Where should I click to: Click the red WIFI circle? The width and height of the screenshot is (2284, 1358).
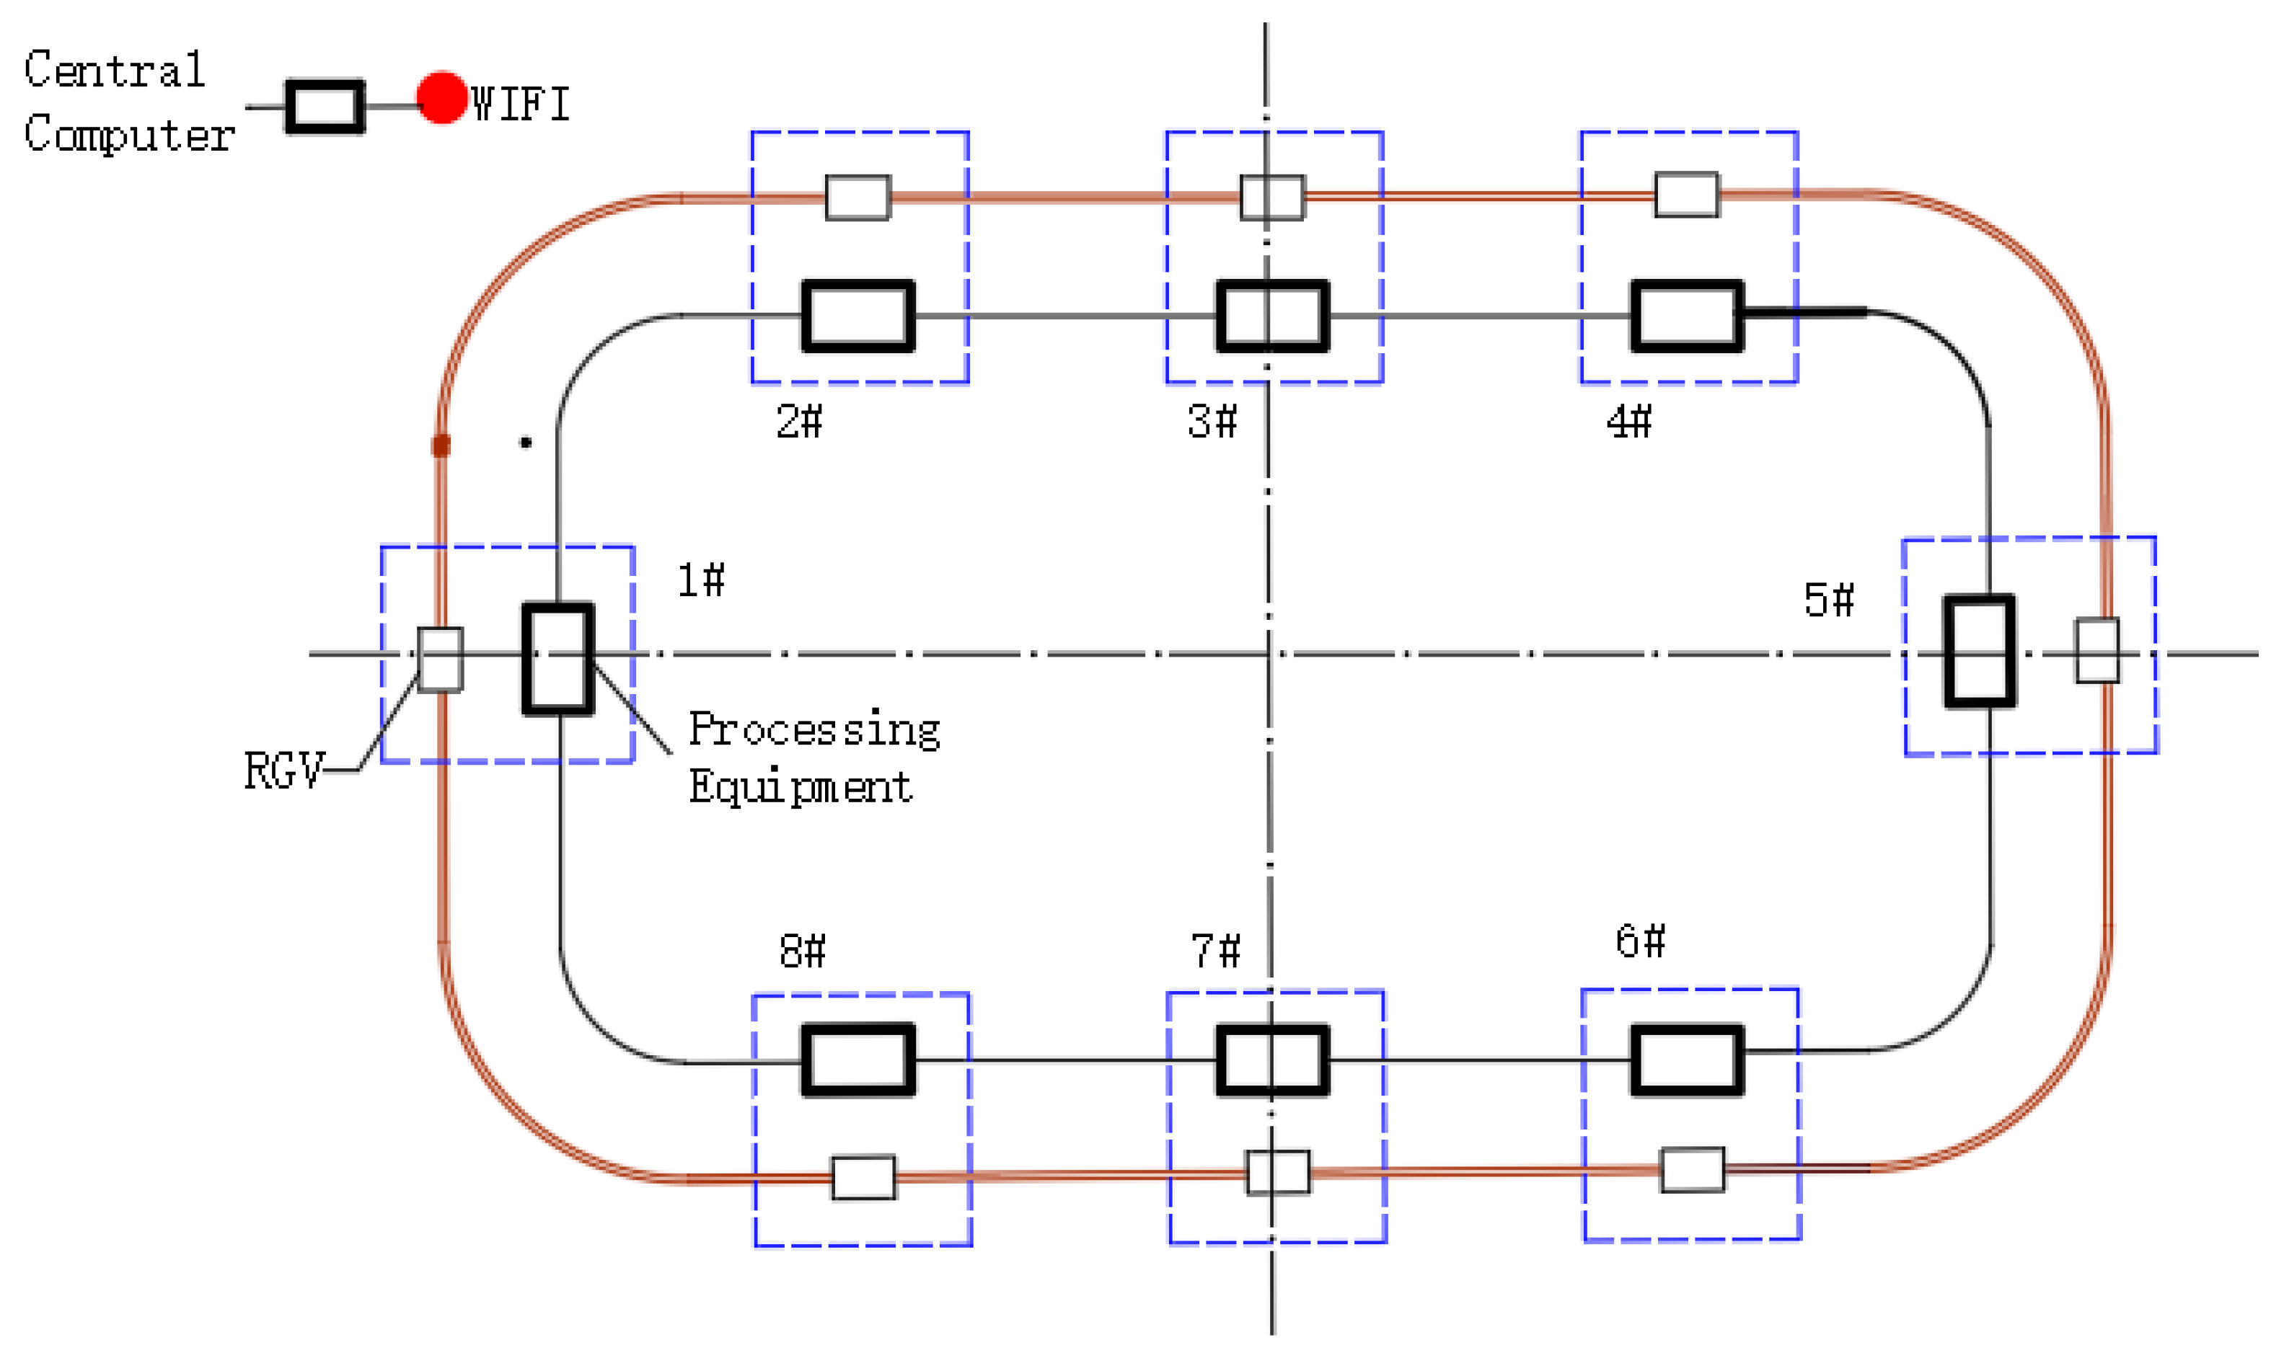click(442, 97)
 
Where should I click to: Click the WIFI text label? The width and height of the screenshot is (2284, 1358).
click(520, 103)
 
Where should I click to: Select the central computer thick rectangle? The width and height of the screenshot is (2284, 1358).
click(325, 107)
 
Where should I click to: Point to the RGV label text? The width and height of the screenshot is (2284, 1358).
click(283, 771)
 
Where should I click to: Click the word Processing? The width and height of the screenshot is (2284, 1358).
click(813, 730)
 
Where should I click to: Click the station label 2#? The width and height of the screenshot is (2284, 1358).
click(799, 422)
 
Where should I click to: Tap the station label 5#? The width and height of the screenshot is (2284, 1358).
click(1828, 600)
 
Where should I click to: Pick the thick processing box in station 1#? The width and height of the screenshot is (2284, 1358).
click(557, 658)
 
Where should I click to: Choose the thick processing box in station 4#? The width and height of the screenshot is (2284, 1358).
click(1686, 316)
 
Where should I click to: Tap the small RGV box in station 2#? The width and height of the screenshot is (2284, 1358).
click(857, 198)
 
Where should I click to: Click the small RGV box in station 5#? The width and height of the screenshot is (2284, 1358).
click(2096, 651)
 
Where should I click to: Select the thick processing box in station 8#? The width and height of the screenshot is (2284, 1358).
click(857, 1060)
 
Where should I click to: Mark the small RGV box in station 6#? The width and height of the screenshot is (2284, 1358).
click(1692, 1169)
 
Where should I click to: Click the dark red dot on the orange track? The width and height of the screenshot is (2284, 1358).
click(441, 445)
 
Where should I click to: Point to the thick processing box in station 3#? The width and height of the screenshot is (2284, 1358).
click(1271, 316)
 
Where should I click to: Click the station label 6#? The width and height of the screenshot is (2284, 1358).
click(1639, 941)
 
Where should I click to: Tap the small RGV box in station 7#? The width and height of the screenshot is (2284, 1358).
click(1278, 1172)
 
